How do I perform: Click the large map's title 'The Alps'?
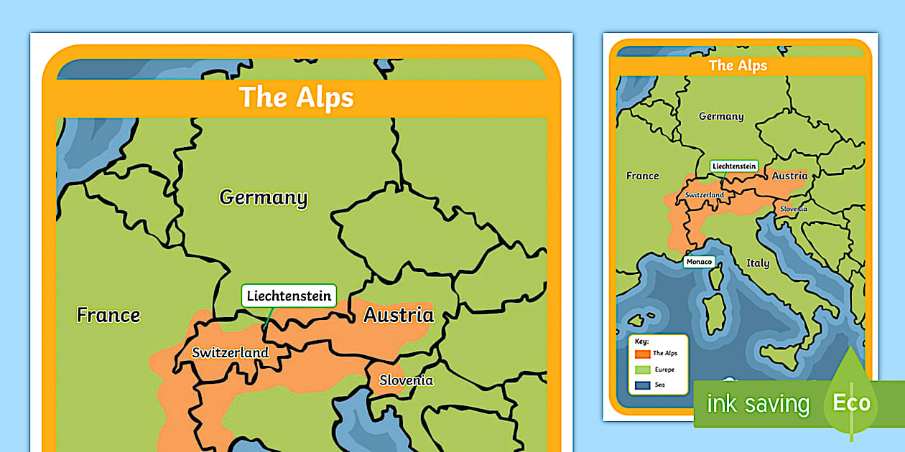coord(296,98)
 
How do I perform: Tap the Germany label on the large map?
coord(263,197)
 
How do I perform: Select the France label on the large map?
coord(108,315)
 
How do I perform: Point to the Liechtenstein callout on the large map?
coord(289,296)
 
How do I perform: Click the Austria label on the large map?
coord(399,315)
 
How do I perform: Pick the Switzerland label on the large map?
coord(230,353)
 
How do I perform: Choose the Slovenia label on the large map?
coord(406,380)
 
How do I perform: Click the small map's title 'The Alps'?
coord(738,65)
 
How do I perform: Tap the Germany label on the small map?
coord(721,116)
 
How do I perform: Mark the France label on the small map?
coord(642,176)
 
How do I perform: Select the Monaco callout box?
coord(699,262)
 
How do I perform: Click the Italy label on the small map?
coord(758,263)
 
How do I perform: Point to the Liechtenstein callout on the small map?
coord(734,166)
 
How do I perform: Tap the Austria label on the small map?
coord(789,176)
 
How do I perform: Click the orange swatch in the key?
coord(642,354)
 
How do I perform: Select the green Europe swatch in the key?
coord(642,369)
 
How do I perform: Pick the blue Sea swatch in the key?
coord(642,385)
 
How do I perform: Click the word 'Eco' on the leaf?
coord(851,402)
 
